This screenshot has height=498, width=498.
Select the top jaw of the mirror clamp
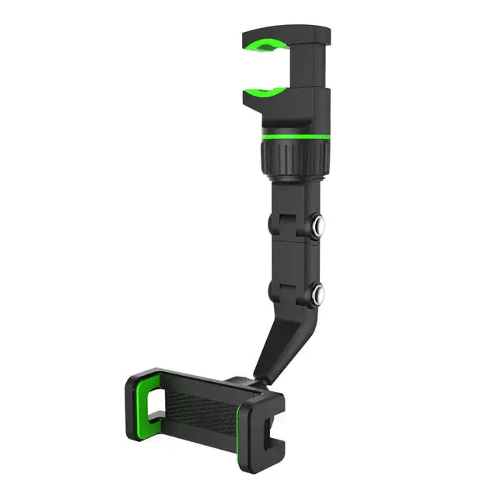(x=284, y=35)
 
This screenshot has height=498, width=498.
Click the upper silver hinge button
(x=318, y=228)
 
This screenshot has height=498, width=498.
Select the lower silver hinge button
(x=318, y=295)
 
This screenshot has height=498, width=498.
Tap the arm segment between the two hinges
(x=294, y=261)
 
